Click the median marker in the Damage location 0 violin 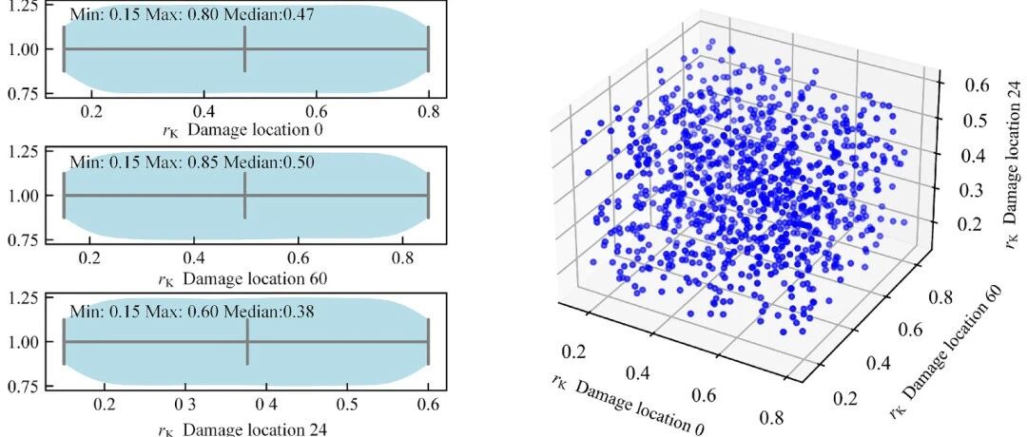245,49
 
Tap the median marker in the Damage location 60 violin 244,196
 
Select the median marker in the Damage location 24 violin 247,342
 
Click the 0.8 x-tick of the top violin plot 429,112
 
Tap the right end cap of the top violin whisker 428,49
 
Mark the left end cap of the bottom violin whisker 64,342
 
